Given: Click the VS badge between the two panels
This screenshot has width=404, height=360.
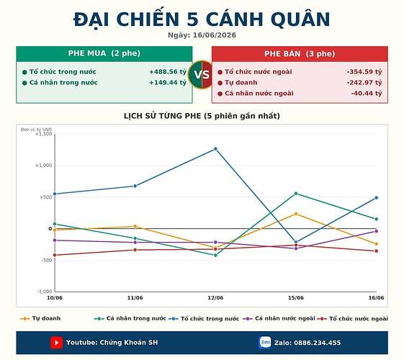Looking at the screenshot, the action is [x=202, y=75].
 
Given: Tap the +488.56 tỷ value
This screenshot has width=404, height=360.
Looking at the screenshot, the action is [x=168, y=72].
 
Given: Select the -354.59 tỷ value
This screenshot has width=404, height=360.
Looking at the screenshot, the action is [x=364, y=72].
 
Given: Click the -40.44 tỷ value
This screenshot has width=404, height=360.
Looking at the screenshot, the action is [x=367, y=94].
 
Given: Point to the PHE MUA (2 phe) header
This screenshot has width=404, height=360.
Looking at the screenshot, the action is [x=104, y=53].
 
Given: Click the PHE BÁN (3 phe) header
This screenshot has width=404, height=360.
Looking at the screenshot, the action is [x=300, y=54].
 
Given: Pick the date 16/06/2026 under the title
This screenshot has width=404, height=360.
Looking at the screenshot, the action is [x=215, y=35].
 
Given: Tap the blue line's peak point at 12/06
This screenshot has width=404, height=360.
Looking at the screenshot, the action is [x=215, y=149].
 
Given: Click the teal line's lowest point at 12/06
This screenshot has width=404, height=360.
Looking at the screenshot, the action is [x=215, y=255].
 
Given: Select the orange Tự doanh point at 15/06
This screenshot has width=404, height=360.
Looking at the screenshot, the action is [x=296, y=214].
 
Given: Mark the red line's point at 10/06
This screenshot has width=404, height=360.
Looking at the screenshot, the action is [x=55, y=255].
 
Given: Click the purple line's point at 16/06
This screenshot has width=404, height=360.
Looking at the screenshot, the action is [x=376, y=231].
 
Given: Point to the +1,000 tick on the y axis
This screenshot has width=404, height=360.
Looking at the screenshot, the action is [x=43, y=166].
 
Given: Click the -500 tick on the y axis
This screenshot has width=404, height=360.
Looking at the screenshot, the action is [x=47, y=260].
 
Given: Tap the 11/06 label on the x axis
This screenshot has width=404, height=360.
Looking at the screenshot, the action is [x=135, y=298].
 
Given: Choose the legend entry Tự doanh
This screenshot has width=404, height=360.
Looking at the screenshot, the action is [x=40, y=318].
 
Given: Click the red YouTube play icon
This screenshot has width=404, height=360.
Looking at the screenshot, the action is [x=56, y=343].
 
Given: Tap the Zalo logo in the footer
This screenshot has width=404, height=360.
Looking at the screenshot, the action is [x=265, y=343].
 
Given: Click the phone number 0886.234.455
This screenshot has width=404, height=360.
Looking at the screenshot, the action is [x=317, y=343].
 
